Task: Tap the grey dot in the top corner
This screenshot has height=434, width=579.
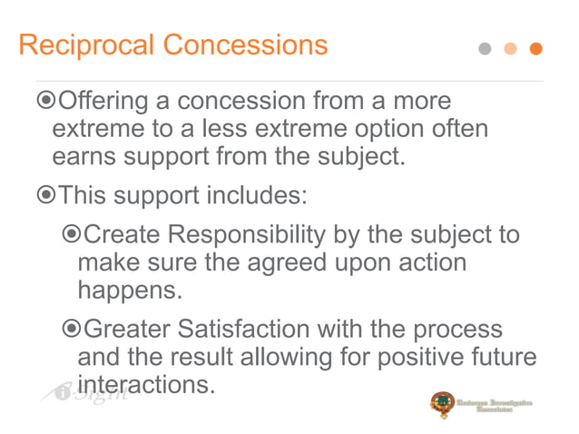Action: (486, 49)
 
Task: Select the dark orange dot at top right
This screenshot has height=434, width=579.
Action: (535, 49)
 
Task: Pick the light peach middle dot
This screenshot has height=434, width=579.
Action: (510, 49)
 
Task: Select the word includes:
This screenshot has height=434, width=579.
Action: (258, 194)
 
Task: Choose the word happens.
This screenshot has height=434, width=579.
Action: (129, 291)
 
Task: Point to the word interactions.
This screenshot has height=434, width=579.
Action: (146, 385)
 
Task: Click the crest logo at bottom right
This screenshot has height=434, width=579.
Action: (443, 405)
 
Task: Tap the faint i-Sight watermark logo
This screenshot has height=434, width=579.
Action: (76, 392)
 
